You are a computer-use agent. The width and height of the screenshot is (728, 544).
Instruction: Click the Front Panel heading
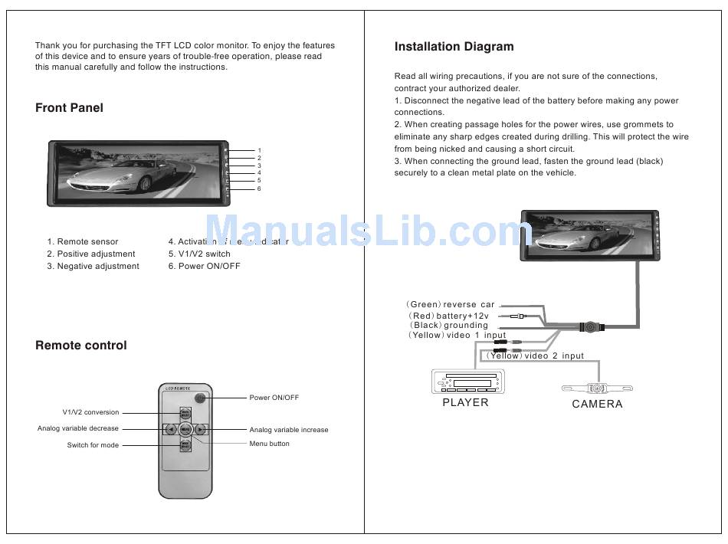click(69, 108)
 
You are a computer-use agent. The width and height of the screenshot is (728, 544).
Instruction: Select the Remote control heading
click(81, 346)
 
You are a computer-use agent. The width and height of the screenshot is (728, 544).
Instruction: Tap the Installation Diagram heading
click(454, 47)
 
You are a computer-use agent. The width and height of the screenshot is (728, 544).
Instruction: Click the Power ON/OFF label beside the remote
click(274, 398)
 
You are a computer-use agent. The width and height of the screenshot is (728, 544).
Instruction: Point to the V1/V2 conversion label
click(90, 412)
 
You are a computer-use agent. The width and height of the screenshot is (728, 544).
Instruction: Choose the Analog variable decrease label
click(78, 428)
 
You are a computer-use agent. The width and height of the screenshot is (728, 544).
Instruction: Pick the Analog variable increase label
click(289, 430)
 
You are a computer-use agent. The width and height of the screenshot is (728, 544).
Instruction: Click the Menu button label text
click(269, 444)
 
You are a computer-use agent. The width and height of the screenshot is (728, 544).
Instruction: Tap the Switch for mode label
click(93, 445)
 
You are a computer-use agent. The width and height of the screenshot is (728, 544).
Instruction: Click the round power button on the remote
click(200, 398)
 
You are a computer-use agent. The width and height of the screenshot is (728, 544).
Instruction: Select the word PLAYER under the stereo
click(465, 402)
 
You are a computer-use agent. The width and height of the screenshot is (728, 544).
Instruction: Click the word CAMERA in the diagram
click(597, 404)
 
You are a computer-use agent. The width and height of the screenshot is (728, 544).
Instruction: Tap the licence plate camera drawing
click(597, 387)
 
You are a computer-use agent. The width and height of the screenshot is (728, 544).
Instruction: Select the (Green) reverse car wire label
click(451, 305)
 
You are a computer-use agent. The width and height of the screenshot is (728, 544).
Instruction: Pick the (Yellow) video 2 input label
click(535, 356)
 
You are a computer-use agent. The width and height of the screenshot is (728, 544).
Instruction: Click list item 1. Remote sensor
click(83, 241)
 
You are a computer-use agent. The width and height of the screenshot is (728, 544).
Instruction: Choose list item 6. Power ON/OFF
click(204, 266)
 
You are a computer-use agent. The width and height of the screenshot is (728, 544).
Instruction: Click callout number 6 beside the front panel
click(259, 188)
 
